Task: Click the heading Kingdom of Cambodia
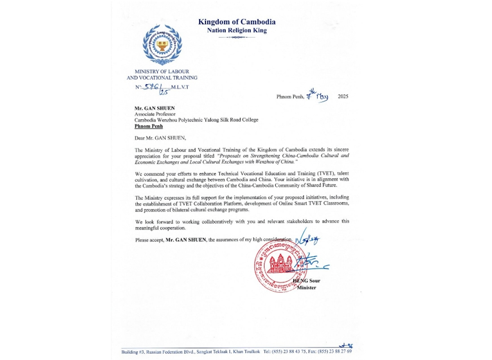[x=237, y=22]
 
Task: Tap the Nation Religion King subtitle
[x=237, y=30]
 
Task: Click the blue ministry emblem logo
[x=162, y=45]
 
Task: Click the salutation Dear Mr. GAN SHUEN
[x=159, y=139]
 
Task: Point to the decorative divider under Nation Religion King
[x=237, y=37]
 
